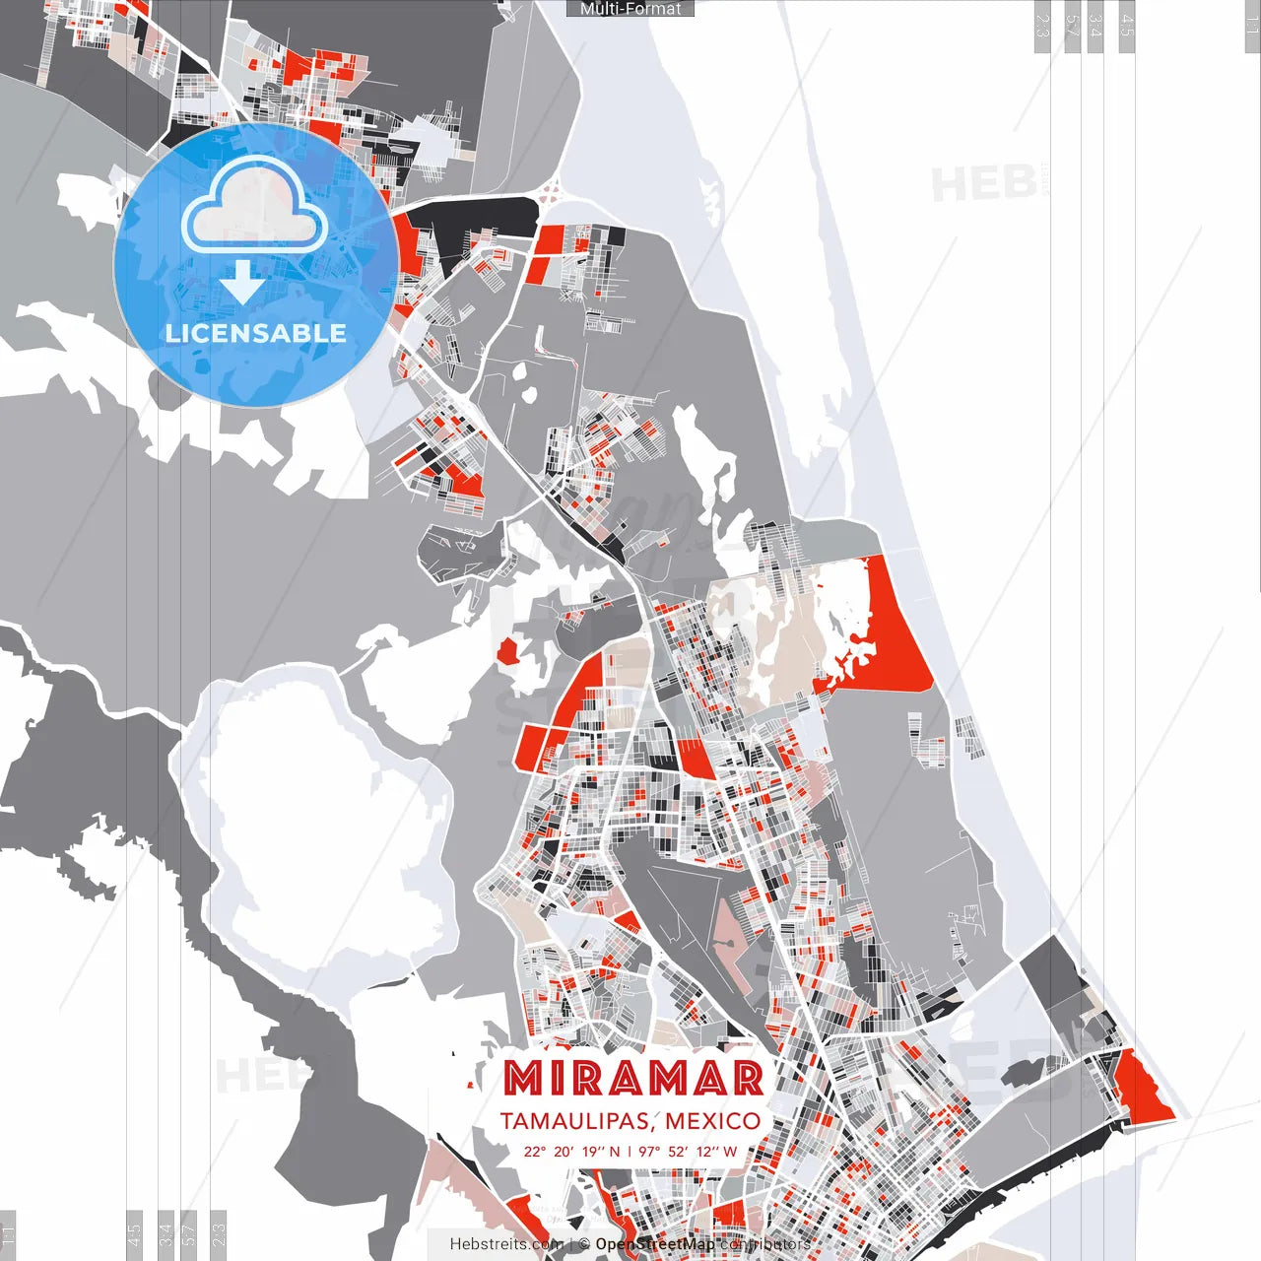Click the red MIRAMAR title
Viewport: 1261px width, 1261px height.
[x=633, y=1079]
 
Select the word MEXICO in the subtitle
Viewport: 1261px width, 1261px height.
[x=712, y=1121]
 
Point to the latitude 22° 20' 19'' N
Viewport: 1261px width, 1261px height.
[x=572, y=1152]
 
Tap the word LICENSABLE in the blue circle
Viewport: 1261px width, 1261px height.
[x=256, y=333]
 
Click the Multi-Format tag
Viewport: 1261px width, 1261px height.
[x=630, y=9]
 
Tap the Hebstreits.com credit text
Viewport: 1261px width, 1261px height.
[x=506, y=1244]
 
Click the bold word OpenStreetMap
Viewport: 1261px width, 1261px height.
[x=655, y=1244]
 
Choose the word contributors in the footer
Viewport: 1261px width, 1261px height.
[x=765, y=1244]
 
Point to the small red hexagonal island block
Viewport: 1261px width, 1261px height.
[x=508, y=651]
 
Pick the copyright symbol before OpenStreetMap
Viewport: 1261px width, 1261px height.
[x=584, y=1244]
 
